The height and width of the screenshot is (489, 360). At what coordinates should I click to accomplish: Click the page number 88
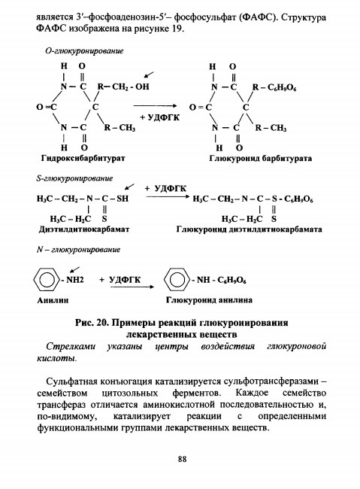tap(183, 459)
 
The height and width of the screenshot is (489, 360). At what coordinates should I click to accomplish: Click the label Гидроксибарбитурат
tap(83, 159)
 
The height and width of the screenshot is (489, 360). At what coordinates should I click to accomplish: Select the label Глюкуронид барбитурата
tap(260, 159)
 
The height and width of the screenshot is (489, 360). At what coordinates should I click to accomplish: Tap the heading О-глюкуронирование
tap(84, 51)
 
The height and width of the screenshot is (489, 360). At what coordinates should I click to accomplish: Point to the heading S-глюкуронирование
tap(74, 179)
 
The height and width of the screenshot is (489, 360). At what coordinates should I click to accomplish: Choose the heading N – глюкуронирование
tap(78, 250)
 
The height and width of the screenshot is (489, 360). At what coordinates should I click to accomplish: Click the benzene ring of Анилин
tap(47, 279)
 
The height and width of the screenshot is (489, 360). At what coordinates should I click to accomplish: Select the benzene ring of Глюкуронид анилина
tap(177, 279)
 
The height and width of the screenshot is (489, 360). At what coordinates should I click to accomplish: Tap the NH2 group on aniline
tap(75, 279)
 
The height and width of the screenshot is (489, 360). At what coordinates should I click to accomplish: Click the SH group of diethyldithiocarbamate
tap(123, 199)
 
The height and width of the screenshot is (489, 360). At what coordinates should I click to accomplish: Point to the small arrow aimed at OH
tap(149, 74)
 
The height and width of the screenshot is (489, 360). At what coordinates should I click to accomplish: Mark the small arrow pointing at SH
tap(129, 187)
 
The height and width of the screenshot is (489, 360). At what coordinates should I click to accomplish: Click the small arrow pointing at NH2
tap(74, 269)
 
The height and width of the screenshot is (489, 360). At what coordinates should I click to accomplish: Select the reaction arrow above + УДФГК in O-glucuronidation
tap(155, 106)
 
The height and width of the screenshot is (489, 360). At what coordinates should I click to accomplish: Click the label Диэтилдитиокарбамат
tap(84, 229)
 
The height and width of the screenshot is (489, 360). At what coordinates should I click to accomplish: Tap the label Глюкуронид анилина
tap(209, 300)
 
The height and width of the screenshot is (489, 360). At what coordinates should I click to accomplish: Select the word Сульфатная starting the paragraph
tap(68, 381)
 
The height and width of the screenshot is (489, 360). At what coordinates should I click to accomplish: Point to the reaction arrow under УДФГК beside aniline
tap(132, 287)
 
